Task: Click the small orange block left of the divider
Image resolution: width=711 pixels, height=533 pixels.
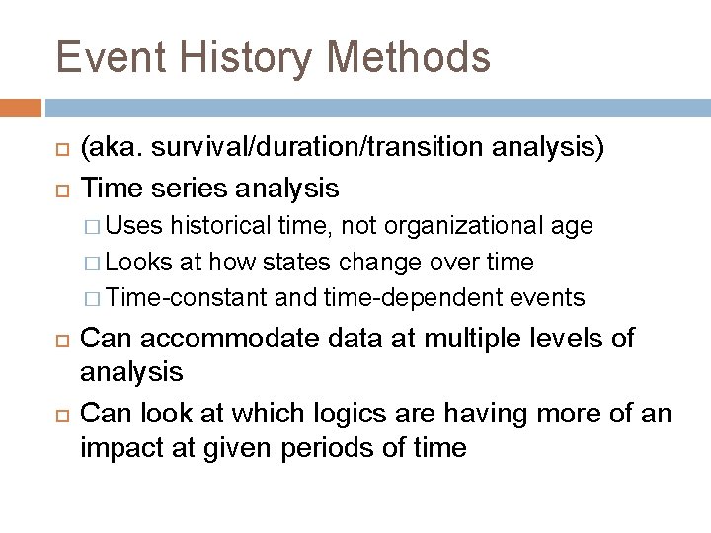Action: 21,107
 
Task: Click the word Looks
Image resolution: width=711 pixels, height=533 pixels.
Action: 138,262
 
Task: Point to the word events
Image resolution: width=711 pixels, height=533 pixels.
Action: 550,297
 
